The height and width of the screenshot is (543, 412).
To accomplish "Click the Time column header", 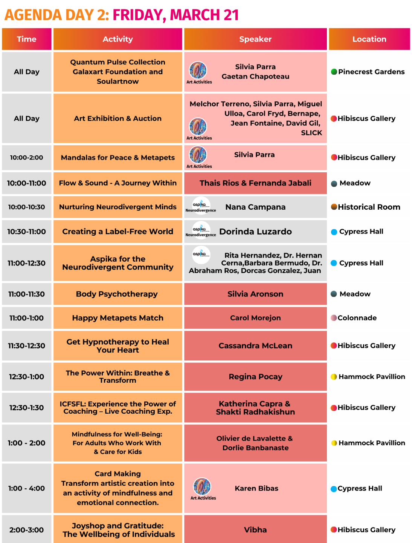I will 26,39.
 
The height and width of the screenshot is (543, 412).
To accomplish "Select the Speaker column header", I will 255,39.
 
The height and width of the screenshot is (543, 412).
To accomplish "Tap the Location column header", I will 369,39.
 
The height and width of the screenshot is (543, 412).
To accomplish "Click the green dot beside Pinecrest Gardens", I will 334,72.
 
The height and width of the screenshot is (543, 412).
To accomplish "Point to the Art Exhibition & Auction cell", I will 117,118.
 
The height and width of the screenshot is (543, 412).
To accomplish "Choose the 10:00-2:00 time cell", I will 26,158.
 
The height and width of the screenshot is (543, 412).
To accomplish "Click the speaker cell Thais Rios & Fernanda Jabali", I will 255,183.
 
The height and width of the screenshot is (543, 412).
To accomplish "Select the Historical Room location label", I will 369,207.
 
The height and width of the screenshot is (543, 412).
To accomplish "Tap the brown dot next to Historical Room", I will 334,207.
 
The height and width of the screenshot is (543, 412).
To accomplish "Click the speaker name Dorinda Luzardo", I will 255,232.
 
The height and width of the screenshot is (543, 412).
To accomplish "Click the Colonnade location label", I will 357,318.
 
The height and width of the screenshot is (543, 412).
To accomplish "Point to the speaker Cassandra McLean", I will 255,346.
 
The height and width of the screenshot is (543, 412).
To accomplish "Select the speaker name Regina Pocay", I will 255,377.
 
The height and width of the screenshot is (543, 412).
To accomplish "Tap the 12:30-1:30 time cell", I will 26,408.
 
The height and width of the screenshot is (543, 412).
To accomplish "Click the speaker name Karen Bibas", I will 256,488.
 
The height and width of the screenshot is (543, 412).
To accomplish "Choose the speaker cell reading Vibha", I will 255,530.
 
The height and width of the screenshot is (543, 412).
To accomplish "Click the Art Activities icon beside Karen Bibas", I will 202,486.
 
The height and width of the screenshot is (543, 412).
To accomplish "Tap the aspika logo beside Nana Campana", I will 201,204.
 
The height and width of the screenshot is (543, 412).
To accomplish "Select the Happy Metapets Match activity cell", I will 117,318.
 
